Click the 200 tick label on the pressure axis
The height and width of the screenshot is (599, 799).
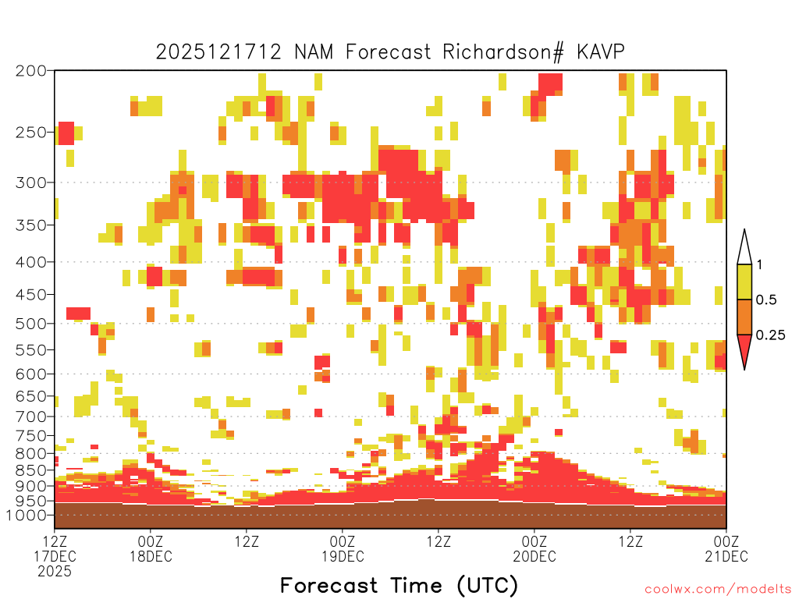[31, 71]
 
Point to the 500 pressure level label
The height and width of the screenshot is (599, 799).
[31, 324]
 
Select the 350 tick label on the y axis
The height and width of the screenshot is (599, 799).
[31, 225]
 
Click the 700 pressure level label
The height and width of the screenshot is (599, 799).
[31, 416]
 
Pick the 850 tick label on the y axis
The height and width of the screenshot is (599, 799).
[31, 470]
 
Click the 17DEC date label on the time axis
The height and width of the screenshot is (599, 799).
[55, 556]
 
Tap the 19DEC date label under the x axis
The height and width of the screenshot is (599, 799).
[343, 556]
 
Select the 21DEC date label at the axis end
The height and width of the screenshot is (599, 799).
[726, 556]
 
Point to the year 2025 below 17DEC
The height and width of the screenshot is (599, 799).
[55, 572]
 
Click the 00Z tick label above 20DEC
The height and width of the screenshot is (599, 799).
[534, 541]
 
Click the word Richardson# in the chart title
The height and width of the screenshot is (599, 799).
[503, 52]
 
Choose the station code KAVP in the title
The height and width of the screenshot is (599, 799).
[601, 52]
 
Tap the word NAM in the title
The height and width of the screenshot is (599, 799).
[314, 52]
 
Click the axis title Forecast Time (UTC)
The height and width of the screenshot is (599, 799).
[399, 586]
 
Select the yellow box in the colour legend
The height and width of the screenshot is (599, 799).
[744, 282]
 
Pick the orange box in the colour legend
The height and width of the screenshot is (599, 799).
[744, 317]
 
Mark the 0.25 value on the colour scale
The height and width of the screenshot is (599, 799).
[770, 335]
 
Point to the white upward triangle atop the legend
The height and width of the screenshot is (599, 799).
[744, 247]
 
